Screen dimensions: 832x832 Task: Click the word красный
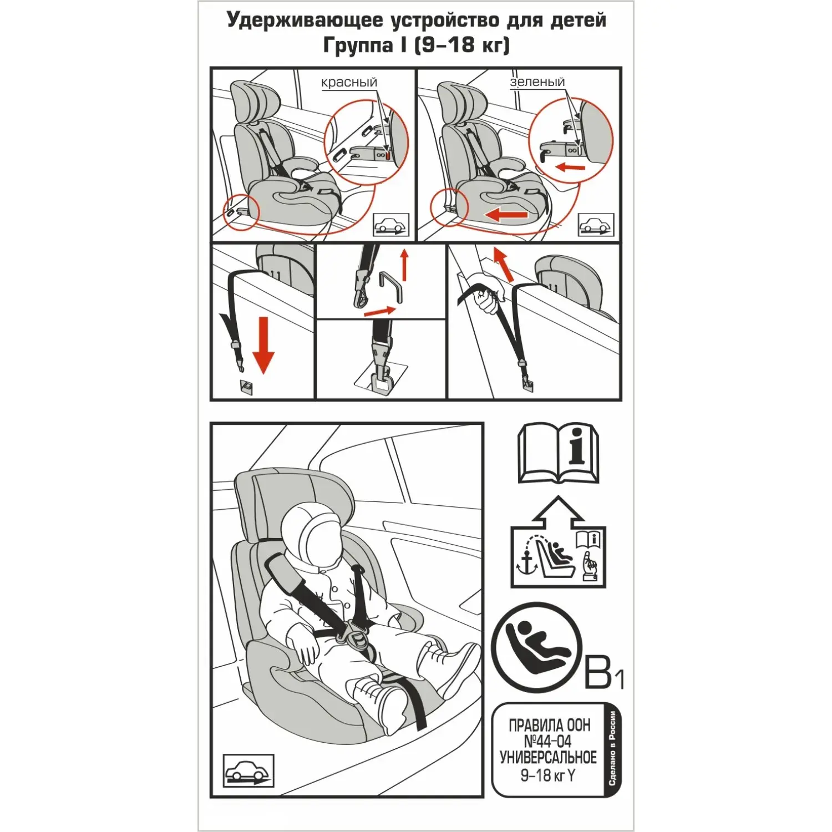tap(349, 83)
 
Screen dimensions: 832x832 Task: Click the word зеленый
tap(537, 82)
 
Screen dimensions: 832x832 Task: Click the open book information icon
tap(558, 454)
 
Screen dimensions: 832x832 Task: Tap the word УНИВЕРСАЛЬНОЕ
tap(548, 758)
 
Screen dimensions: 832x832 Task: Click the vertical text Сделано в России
tap(612, 748)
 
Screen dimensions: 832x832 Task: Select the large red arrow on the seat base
tap(505, 215)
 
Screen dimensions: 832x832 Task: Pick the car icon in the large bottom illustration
tap(248, 770)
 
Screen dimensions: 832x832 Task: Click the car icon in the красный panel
tap(391, 225)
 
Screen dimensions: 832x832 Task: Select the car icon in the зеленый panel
tap(596, 225)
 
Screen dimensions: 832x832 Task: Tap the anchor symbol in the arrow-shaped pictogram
tap(527, 563)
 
